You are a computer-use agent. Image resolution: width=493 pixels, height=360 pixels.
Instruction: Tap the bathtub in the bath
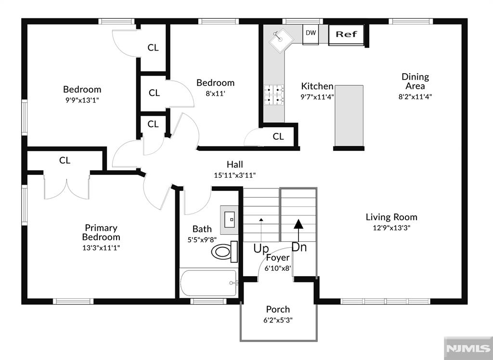[209, 283]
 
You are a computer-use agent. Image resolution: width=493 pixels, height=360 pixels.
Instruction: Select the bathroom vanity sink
[229, 220]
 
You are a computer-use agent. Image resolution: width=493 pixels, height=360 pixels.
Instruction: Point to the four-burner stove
[274, 95]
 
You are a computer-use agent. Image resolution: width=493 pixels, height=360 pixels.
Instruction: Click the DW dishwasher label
[311, 32]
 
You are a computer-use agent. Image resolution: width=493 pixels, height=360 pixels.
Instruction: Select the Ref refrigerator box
[347, 35]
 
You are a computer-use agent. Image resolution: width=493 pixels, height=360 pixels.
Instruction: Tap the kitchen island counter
[349, 116]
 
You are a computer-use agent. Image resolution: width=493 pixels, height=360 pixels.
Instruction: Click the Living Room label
[391, 217]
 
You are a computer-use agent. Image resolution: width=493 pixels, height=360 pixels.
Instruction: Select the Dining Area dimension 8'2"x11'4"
[415, 96]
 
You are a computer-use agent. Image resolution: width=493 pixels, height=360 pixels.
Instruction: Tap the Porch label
[278, 309]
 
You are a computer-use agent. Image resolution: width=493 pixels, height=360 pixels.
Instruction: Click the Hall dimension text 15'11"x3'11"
[234, 175]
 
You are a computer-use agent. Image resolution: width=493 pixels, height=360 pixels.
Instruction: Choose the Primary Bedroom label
[101, 232]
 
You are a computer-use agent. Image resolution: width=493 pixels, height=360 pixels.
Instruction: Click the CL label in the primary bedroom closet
[65, 160]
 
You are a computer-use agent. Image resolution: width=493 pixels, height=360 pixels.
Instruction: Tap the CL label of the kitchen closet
[278, 136]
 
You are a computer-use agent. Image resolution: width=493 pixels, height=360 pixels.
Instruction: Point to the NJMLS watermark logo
[468, 348]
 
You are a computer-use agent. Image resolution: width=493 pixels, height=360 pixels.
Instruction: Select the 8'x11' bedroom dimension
[215, 93]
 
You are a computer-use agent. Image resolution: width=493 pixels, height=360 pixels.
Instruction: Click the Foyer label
[278, 258]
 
